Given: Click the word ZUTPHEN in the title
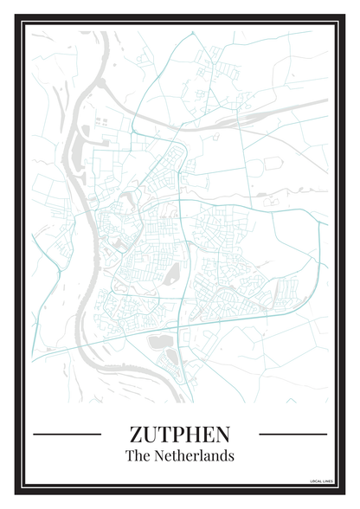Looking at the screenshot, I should tap(180, 433).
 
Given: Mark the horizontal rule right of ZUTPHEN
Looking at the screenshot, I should tap(293, 434).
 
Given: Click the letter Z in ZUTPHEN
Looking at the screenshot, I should tap(136, 433).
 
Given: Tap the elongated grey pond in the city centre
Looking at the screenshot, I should tap(172, 276).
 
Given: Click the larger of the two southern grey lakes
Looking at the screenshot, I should tap(160, 342).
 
